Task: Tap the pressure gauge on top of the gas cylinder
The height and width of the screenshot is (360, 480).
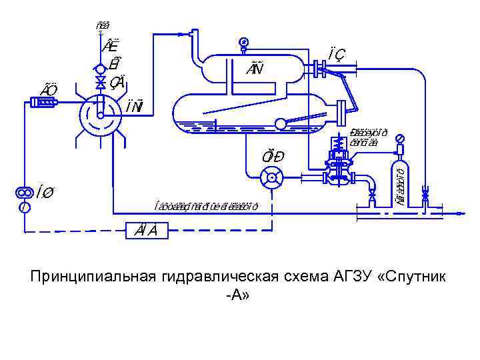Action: click(x=400, y=139)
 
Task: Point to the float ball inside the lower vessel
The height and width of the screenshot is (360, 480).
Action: click(x=281, y=123)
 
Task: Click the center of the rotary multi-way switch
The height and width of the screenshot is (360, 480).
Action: click(x=100, y=114)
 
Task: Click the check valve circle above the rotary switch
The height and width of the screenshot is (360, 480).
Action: click(x=100, y=68)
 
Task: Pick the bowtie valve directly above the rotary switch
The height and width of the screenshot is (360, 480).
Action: click(x=100, y=82)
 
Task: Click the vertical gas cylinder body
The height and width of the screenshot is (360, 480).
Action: click(x=400, y=179)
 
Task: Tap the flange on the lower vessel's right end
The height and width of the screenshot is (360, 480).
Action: click(x=343, y=109)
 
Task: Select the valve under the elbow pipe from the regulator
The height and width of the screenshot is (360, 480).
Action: click(x=372, y=196)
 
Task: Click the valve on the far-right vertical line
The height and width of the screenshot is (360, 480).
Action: click(x=425, y=195)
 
